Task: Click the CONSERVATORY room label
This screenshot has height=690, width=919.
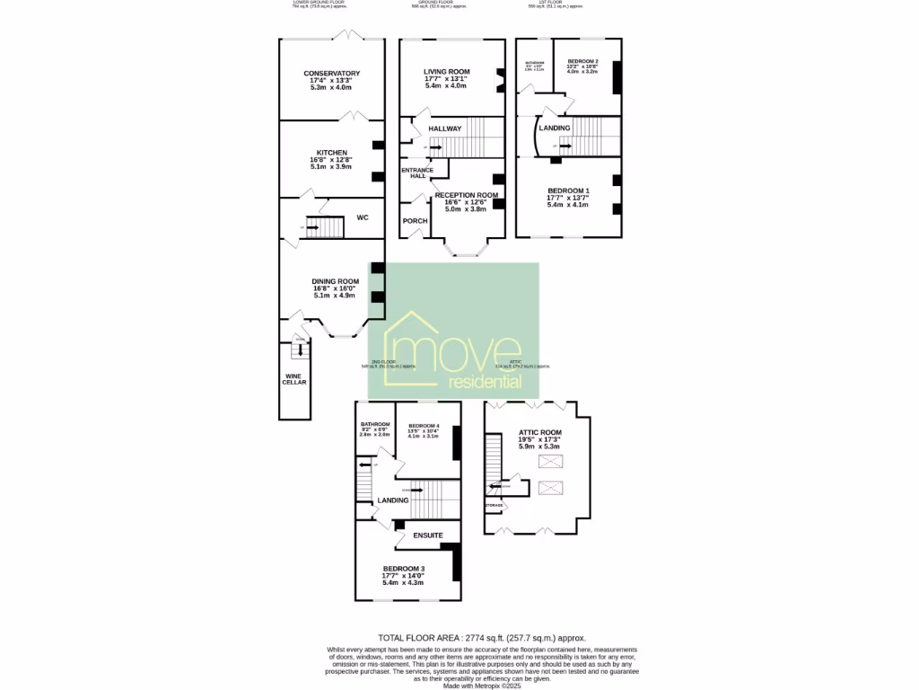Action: click(x=331, y=74)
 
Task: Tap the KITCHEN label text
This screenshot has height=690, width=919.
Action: click(x=331, y=153)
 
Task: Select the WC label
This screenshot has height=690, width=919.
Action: click(x=363, y=217)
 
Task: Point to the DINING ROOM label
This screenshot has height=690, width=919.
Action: click(x=335, y=281)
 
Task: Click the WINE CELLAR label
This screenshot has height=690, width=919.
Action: click(x=295, y=379)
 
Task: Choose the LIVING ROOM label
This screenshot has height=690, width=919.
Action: click(x=446, y=72)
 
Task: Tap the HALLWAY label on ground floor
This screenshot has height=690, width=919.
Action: click(x=444, y=128)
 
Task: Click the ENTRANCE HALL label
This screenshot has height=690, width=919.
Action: click(x=416, y=172)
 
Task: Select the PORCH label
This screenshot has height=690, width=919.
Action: click(x=415, y=221)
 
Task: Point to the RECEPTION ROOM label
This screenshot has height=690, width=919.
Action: click(x=466, y=195)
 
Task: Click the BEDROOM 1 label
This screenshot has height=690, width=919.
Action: click(x=568, y=190)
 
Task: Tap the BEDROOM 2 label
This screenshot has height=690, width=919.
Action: click(x=582, y=61)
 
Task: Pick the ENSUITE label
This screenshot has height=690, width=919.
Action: click(x=427, y=535)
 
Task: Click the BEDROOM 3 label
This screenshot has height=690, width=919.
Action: click(x=404, y=570)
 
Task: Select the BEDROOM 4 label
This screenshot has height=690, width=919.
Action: click(x=424, y=425)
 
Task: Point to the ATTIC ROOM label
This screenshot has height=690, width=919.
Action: click(x=539, y=432)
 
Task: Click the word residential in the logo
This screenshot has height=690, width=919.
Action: click(x=485, y=382)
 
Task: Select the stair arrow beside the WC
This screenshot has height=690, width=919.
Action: click(x=313, y=227)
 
